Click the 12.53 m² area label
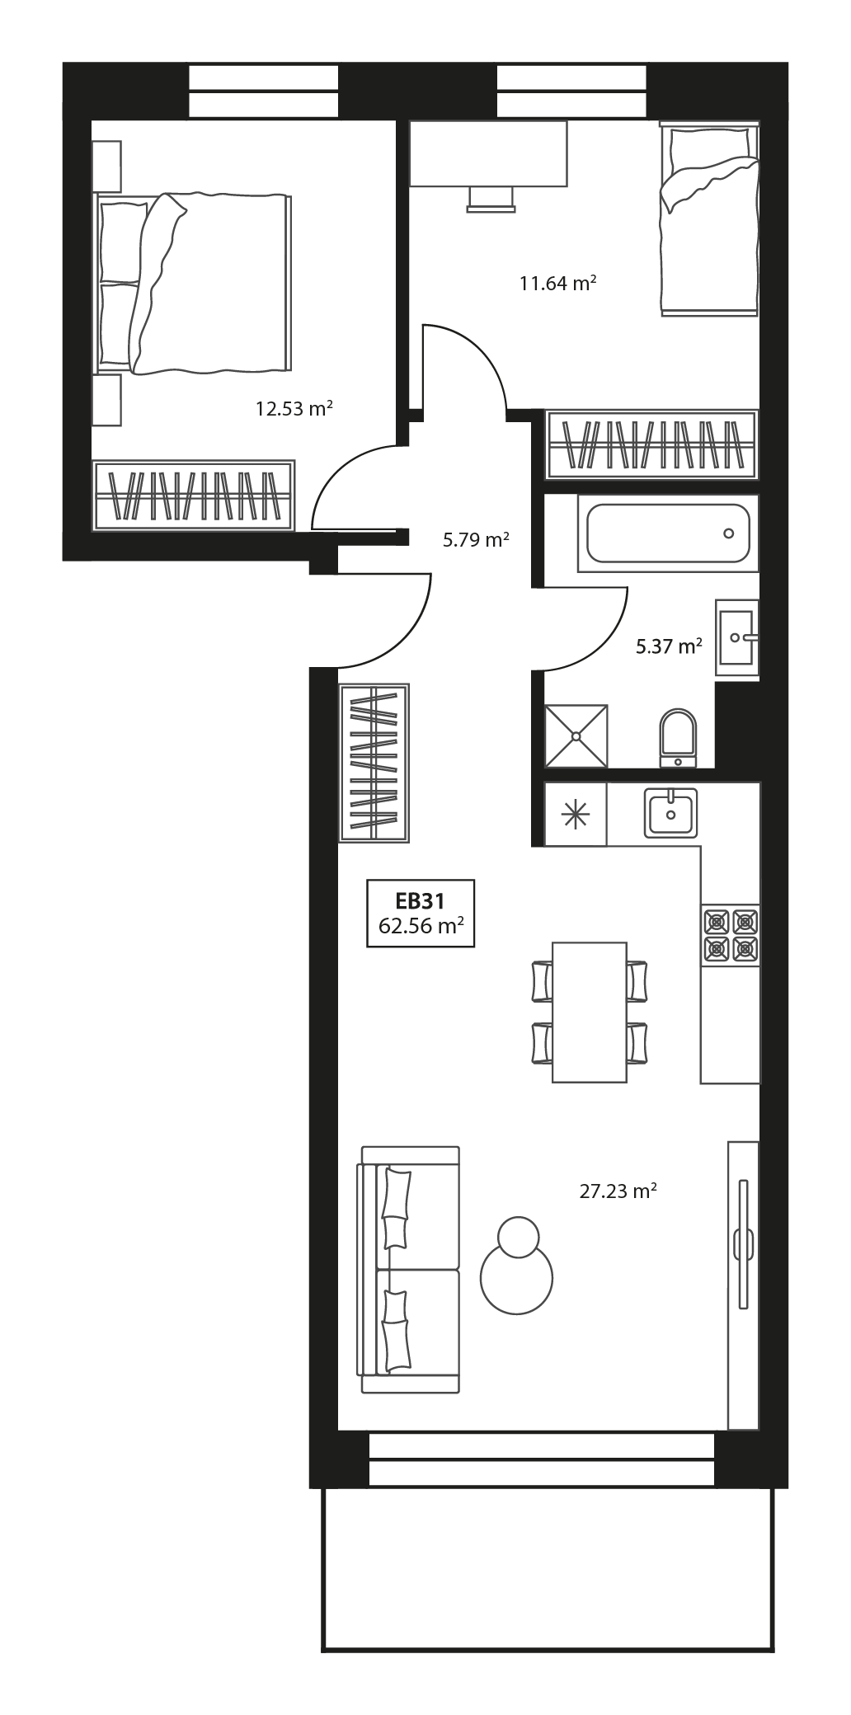tap(294, 408)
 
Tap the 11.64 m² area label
tap(557, 284)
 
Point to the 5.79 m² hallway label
tap(476, 541)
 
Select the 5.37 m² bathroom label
tap(669, 646)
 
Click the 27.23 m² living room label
tap(618, 1191)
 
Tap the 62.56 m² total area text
tap(420, 926)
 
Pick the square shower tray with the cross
tap(576, 735)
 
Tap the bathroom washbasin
tap(736, 637)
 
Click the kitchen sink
tap(670, 813)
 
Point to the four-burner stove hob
tap(731, 935)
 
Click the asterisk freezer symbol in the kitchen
tap(575, 814)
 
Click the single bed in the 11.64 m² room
tap(708, 218)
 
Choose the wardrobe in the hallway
tap(374, 762)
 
